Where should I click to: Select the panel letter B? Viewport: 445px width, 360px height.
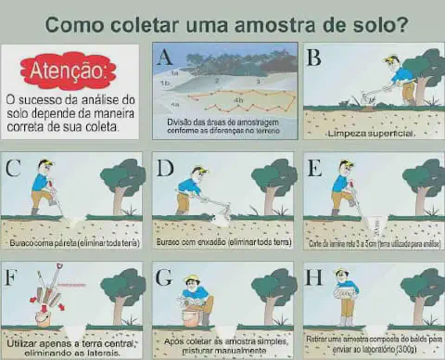pyautogui.click(x=314, y=58)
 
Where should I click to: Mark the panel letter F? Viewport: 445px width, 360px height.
pyautogui.click(x=12, y=276)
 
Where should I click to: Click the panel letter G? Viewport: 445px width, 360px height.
pyautogui.click(x=165, y=276)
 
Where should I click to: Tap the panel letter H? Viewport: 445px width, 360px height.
pyautogui.click(x=314, y=276)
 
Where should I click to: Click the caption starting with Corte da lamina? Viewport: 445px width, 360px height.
pyautogui.click(x=371, y=243)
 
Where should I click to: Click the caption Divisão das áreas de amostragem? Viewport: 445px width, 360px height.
pyautogui.click(x=224, y=124)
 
